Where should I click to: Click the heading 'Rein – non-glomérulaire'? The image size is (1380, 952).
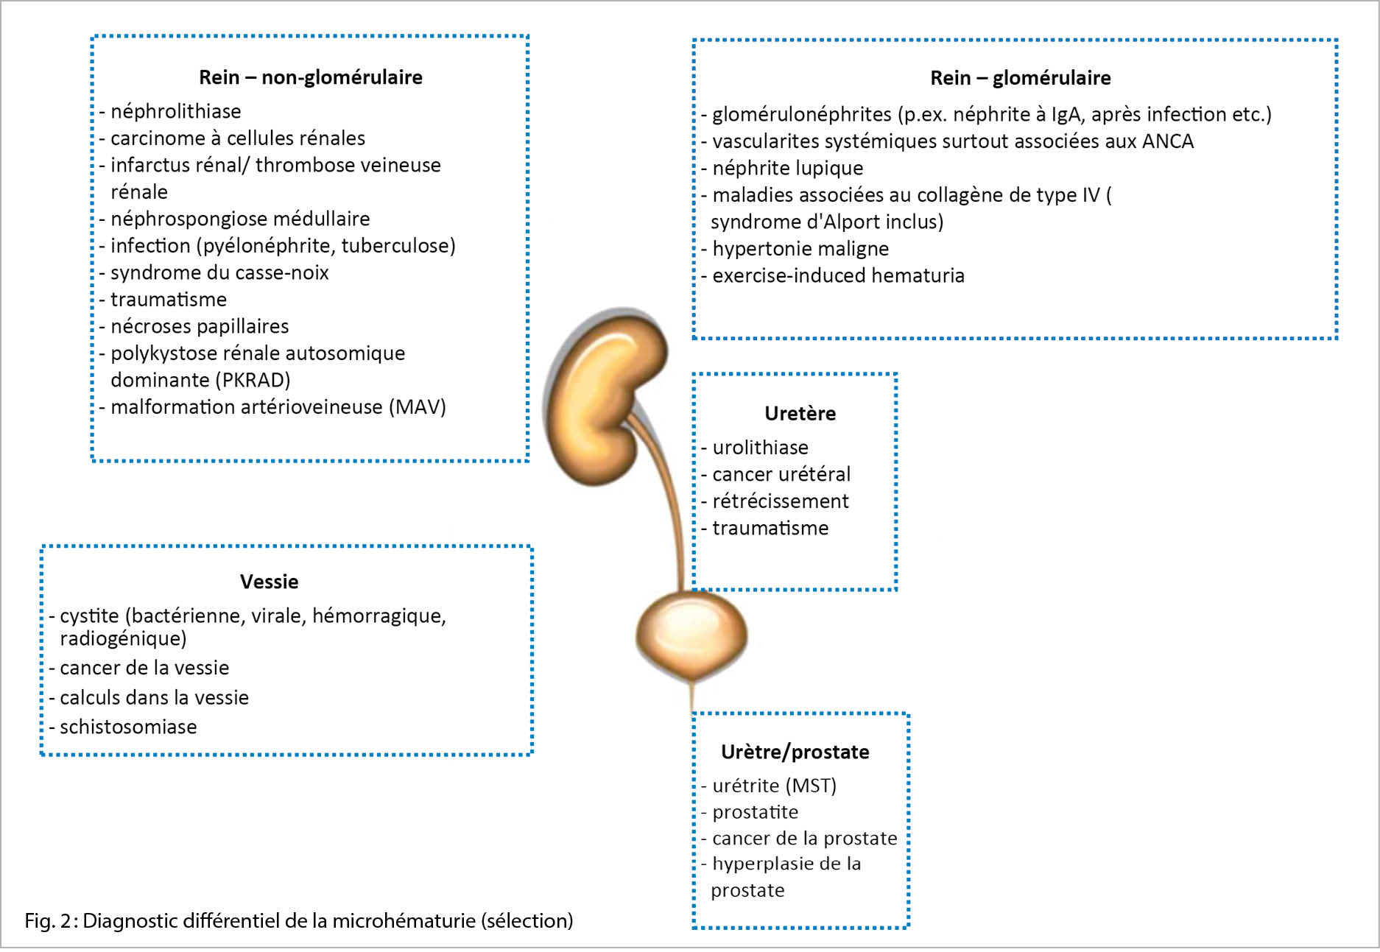[x=311, y=77]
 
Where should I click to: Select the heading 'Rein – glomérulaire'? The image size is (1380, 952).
[x=1020, y=78]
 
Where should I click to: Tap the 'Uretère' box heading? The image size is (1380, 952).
[x=800, y=414]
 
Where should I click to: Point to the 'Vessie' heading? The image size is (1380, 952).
[x=270, y=582]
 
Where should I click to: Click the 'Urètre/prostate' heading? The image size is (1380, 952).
[x=795, y=752]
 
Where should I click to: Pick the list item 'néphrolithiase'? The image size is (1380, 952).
[x=175, y=111]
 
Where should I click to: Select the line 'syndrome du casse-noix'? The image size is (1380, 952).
[x=219, y=272]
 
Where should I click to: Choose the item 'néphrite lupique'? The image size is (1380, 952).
[x=787, y=168]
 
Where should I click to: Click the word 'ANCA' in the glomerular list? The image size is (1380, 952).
[x=1168, y=141]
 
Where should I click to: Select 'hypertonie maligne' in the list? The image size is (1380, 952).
[x=800, y=249]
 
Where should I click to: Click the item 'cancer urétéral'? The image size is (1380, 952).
[x=781, y=474]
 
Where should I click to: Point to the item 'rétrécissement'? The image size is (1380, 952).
[x=780, y=501]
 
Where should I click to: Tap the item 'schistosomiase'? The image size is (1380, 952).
[x=128, y=727]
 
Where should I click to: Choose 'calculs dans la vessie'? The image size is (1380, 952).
[x=154, y=697]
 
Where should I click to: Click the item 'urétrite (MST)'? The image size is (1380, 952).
[x=774, y=786]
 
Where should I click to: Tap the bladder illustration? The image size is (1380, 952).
[x=691, y=635]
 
